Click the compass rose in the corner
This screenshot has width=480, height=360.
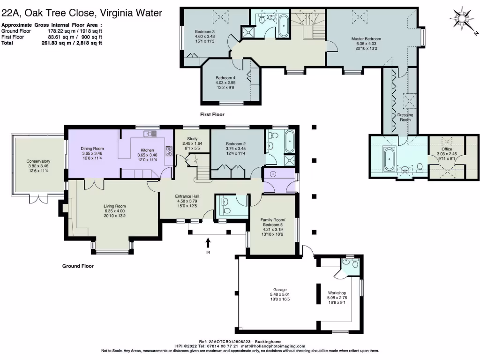(x=463, y=19)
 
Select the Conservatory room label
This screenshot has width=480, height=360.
(x=38, y=162)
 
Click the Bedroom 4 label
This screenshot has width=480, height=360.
(x=225, y=78)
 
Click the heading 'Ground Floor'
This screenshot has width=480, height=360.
(x=78, y=266)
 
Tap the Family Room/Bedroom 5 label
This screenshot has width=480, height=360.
(x=273, y=223)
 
